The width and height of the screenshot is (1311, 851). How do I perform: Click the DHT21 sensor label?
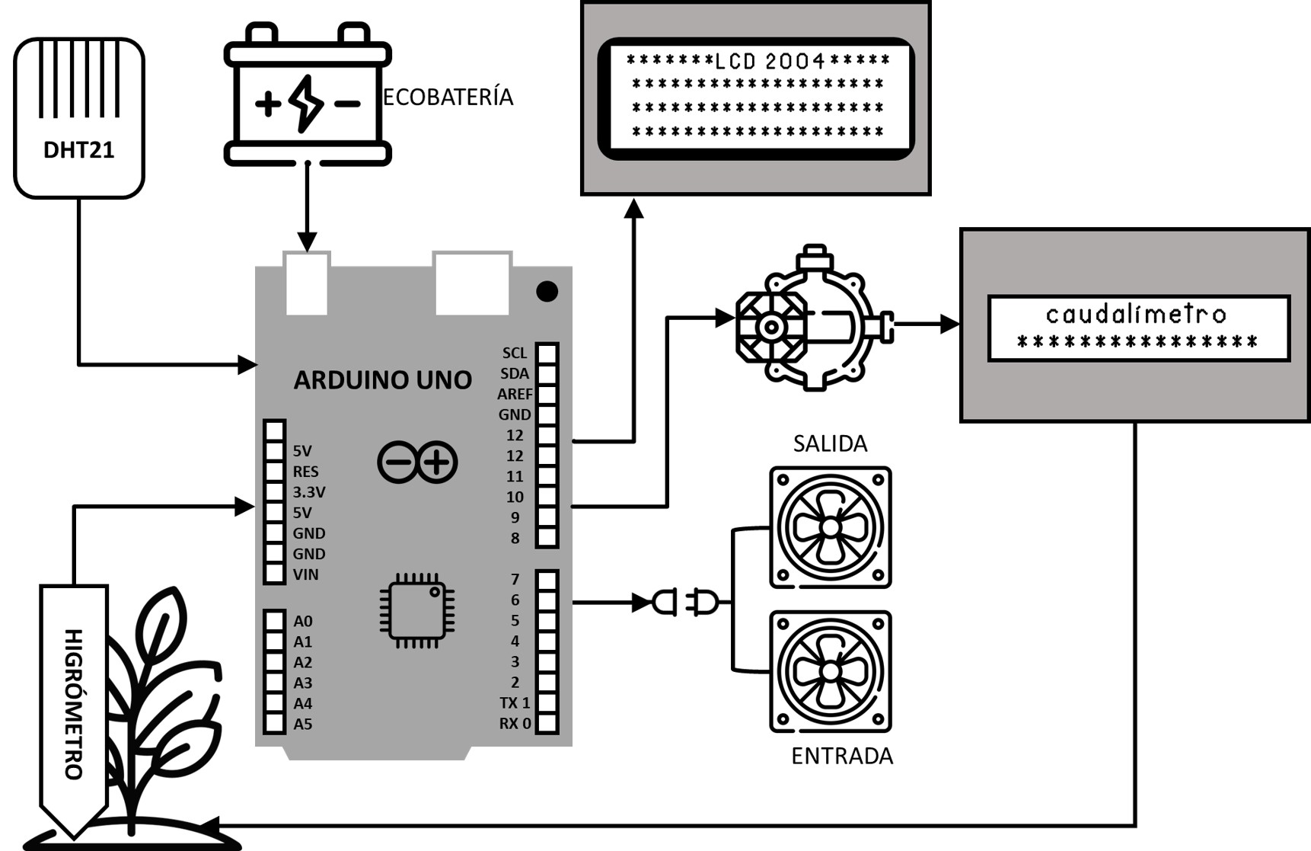pyautogui.click(x=78, y=150)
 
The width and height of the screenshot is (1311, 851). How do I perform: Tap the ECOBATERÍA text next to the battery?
pyautogui.click(x=448, y=97)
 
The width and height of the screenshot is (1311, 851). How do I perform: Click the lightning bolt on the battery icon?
pyautogui.click(x=307, y=103)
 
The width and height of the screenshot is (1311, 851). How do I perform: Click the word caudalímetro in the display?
pyautogui.click(x=1136, y=314)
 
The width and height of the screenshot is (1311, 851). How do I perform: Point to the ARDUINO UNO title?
pyautogui.click(x=382, y=379)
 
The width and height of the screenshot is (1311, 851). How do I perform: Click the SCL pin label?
pyautogui.click(x=515, y=353)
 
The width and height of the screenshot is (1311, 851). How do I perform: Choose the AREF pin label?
pyautogui.click(x=515, y=394)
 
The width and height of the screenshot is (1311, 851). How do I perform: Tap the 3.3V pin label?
pyautogui.click(x=309, y=492)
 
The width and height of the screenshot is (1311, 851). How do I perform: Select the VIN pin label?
pyautogui.click(x=305, y=574)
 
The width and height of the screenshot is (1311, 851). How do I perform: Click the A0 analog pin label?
pyautogui.click(x=303, y=621)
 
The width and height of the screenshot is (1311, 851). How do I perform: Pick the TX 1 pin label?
pyautogui.click(x=515, y=702)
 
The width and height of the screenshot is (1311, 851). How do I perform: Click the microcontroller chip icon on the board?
pyautogui.click(x=416, y=610)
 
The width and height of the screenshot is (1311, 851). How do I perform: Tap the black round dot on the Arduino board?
pyautogui.click(x=547, y=291)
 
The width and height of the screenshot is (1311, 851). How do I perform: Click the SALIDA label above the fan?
pyautogui.click(x=830, y=443)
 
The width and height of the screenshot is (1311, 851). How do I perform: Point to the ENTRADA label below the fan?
pyautogui.click(x=842, y=756)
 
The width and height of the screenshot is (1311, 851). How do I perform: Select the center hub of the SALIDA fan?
pyautogui.click(x=830, y=527)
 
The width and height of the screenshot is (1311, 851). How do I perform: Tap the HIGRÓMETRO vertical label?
pyautogui.click(x=73, y=704)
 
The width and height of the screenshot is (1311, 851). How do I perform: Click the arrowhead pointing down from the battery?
pyautogui.click(x=307, y=242)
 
